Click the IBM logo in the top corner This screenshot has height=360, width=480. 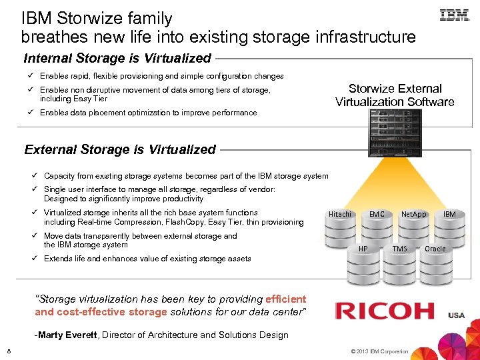pos(455,15)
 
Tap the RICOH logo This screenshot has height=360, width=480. pos(385,311)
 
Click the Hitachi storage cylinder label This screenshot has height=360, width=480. pos(339,214)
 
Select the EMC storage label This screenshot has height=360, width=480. pos(377,214)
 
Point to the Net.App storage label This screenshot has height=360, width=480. pos(413,214)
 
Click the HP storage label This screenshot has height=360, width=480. pos(363,249)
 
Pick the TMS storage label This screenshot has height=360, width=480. pos(399,249)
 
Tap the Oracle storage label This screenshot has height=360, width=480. pos(435,249)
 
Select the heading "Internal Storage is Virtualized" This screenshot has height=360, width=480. pos(117,58)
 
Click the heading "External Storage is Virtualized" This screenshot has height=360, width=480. pos(120,149)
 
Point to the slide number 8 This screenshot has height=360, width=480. pos(9,351)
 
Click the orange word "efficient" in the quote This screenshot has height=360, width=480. pos(285,299)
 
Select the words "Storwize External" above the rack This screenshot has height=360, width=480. pos(395,89)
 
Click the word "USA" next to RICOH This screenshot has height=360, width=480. pos(457,315)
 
